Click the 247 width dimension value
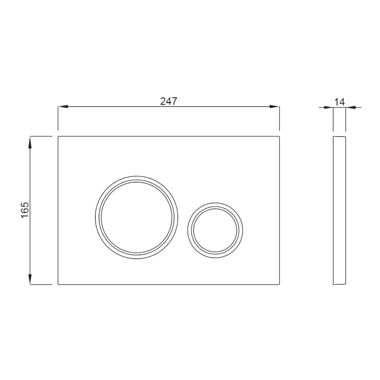pos(168,101)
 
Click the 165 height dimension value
pos(25,210)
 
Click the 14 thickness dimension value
pos(339,101)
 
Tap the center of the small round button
pos(215,229)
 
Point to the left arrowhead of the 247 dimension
pos(61,107)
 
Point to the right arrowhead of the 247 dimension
pos(275,107)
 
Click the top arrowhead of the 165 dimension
pos(30,140)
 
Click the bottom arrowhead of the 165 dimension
pos(30,280)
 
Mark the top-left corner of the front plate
pos(58,137)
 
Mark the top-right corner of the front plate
pos(279,137)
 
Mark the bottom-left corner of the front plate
pos(58,284)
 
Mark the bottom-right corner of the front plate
pos(279,284)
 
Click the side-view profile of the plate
pos(339,210)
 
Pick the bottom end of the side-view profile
pos(339,285)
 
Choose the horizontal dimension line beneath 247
pos(119,107)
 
